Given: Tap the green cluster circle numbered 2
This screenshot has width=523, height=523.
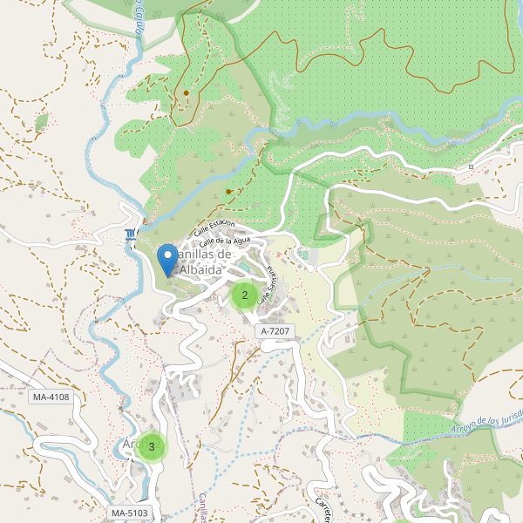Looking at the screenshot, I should [x=244, y=295].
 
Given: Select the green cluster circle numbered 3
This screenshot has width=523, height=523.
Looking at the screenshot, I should [x=152, y=447].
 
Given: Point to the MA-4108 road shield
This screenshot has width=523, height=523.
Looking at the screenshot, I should [x=50, y=397].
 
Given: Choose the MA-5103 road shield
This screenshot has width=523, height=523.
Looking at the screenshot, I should [x=130, y=513].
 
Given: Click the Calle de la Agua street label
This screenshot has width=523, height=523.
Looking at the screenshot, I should [x=226, y=241].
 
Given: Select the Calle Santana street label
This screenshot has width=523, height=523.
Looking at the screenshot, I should [x=272, y=276].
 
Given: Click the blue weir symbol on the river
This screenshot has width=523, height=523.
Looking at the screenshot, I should [x=131, y=234].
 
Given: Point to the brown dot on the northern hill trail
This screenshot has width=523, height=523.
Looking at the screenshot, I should [x=186, y=92].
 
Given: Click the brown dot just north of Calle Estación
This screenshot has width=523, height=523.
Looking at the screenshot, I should [x=228, y=191].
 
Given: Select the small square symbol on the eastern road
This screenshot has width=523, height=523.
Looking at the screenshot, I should [x=470, y=166].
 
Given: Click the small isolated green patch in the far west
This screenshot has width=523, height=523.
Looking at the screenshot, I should [x=41, y=123].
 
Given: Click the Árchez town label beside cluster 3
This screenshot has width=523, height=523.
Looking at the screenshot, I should [x=130, y=445].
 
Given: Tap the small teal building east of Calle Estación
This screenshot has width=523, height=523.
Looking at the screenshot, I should [x=303, y=254].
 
